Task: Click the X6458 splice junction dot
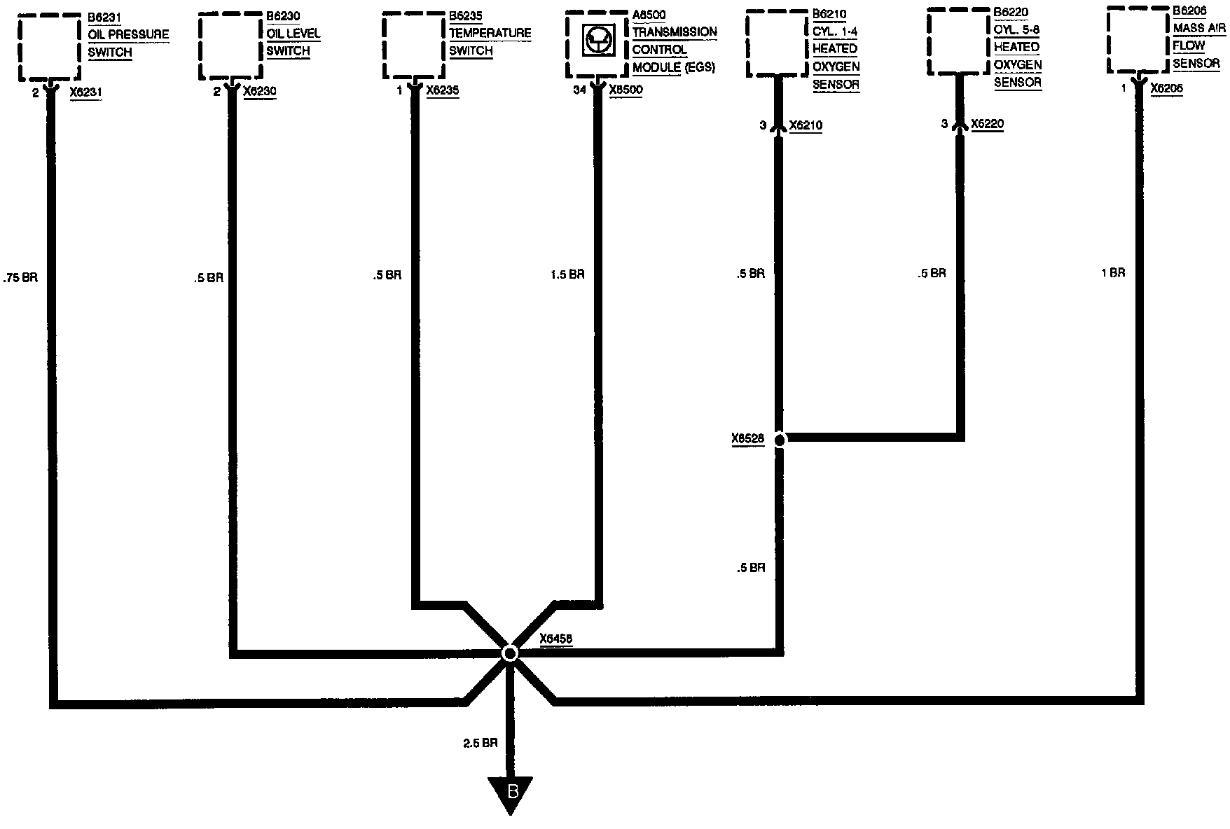pos(510,653)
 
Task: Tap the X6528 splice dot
pos(779,439)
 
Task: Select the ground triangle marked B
pos(511,794)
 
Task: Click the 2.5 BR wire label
pos(480,744)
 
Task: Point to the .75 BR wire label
pos(20,277)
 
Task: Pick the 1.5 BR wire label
pos(567,274)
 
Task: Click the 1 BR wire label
pos(1113,272)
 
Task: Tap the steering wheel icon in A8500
pos(597,43)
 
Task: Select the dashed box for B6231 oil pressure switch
pos(49,47)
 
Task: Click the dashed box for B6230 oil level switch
pos(230,46)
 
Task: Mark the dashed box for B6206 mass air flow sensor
pos(1139,39)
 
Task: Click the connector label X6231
pos(85,92)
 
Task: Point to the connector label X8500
pos(626,90)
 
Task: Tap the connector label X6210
pos(806,125)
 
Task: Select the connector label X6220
pos(987,124)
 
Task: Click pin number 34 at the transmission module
pos(579,90)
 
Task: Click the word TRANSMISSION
pos(674,32)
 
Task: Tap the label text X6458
pos(556,639)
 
